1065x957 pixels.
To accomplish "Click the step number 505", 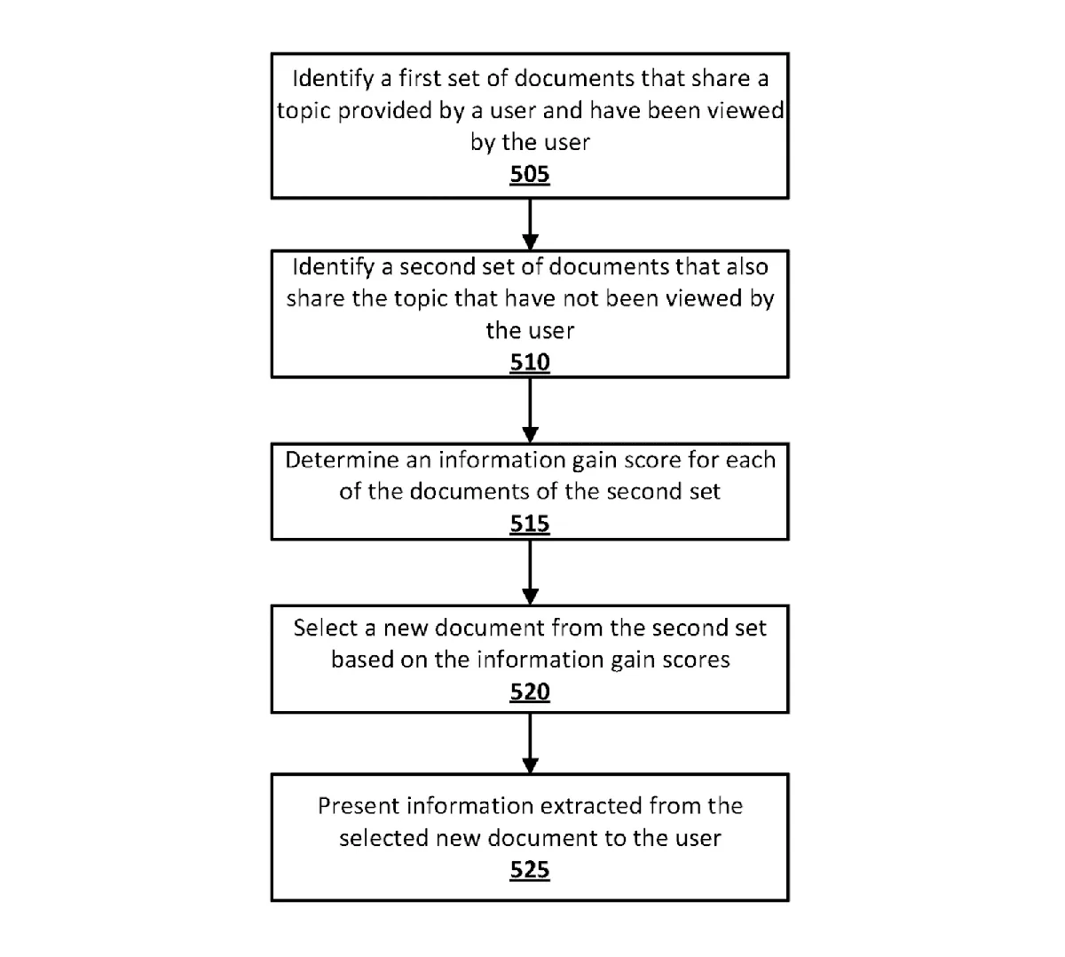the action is click(529, 174).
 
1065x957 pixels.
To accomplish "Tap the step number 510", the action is click(529, 362).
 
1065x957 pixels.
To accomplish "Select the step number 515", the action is click(529, 524).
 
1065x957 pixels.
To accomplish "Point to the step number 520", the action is click(529, 692).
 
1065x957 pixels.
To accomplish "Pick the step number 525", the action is click(529, 870).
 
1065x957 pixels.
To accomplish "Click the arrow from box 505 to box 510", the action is click(530, 225).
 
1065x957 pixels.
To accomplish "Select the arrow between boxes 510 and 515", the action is click(530, 411).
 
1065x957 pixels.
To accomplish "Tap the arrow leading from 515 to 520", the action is click(530, 573).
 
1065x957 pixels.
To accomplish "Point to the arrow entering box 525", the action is click(530, 744).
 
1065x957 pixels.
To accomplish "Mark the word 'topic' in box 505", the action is click(304, 111).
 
